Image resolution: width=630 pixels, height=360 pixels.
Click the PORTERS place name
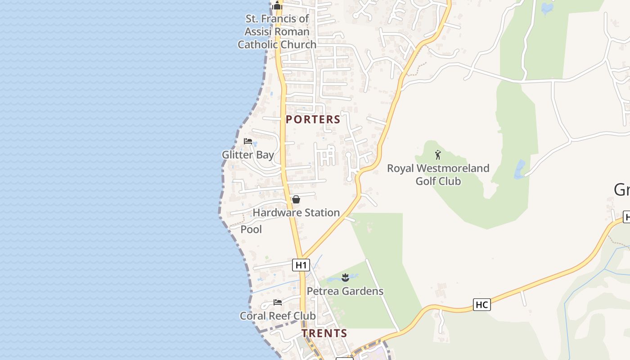[313, 120]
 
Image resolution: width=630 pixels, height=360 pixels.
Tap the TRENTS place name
[324, 333]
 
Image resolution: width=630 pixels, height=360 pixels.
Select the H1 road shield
[301, 265]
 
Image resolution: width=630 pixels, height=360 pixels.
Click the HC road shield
[481, 305]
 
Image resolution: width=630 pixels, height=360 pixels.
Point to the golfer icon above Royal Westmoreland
[438, 155]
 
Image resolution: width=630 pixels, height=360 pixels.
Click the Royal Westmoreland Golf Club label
[438, 175]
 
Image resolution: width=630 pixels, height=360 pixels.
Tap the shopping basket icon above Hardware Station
[296, 199]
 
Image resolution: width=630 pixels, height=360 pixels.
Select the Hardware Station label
[296, 212]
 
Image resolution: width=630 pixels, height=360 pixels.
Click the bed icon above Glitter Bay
[247, 141]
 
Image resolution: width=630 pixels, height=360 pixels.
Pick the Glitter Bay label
[248, 155]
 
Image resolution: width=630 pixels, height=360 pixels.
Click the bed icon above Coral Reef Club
[278, 302]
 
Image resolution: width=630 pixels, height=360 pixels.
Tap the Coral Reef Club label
[278, 316]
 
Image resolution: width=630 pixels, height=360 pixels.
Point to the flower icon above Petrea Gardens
[345, 278]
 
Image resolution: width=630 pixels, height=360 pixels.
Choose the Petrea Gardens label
[345, 291]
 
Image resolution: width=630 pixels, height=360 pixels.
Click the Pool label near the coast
[251, 229]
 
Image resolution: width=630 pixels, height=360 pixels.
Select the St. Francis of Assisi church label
[277, 31]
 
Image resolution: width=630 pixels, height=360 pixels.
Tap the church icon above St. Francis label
[277, 6]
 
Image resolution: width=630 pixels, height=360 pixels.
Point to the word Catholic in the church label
[259, 45]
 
